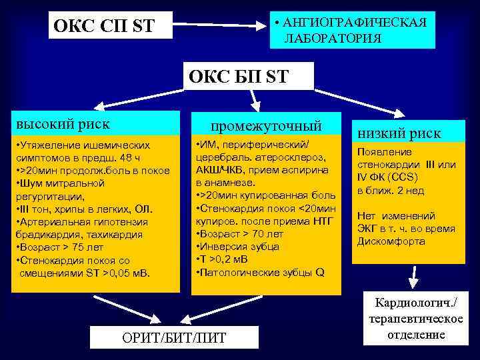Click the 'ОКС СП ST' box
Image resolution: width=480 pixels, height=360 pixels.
coord(105,27)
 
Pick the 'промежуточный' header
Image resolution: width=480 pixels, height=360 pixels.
coord(266,125)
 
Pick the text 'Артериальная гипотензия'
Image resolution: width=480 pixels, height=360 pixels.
coord(77,222)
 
